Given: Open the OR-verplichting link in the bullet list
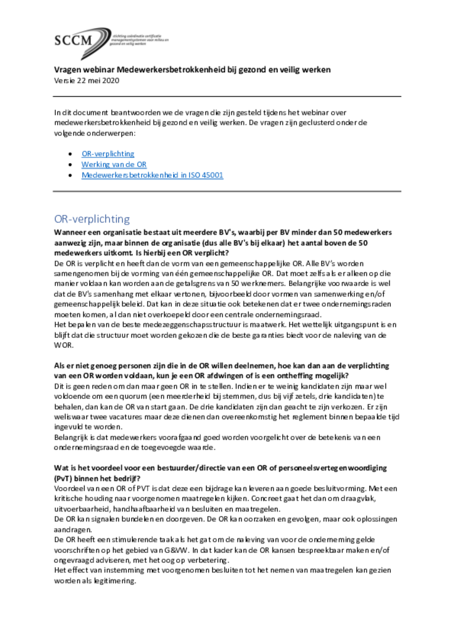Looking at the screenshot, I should [x=108, y=154].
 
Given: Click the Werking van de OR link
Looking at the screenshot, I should [x=113, y=164].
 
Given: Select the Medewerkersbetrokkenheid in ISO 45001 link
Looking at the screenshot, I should [x=152, y=175].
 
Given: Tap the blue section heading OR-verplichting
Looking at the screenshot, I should [x=92, y=219].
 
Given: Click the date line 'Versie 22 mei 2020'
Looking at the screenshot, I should [x=87, y=80].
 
